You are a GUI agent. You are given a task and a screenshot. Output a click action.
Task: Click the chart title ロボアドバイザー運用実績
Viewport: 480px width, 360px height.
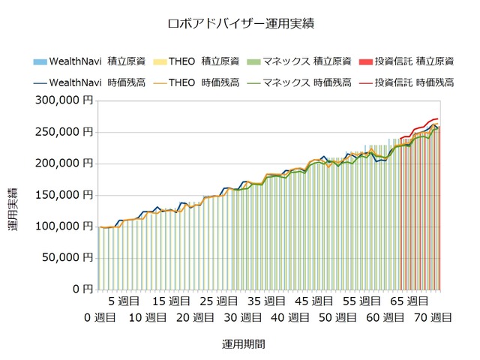(x=240, y=23)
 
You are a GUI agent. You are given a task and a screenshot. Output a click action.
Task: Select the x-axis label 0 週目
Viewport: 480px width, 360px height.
(x=100, y=317)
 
